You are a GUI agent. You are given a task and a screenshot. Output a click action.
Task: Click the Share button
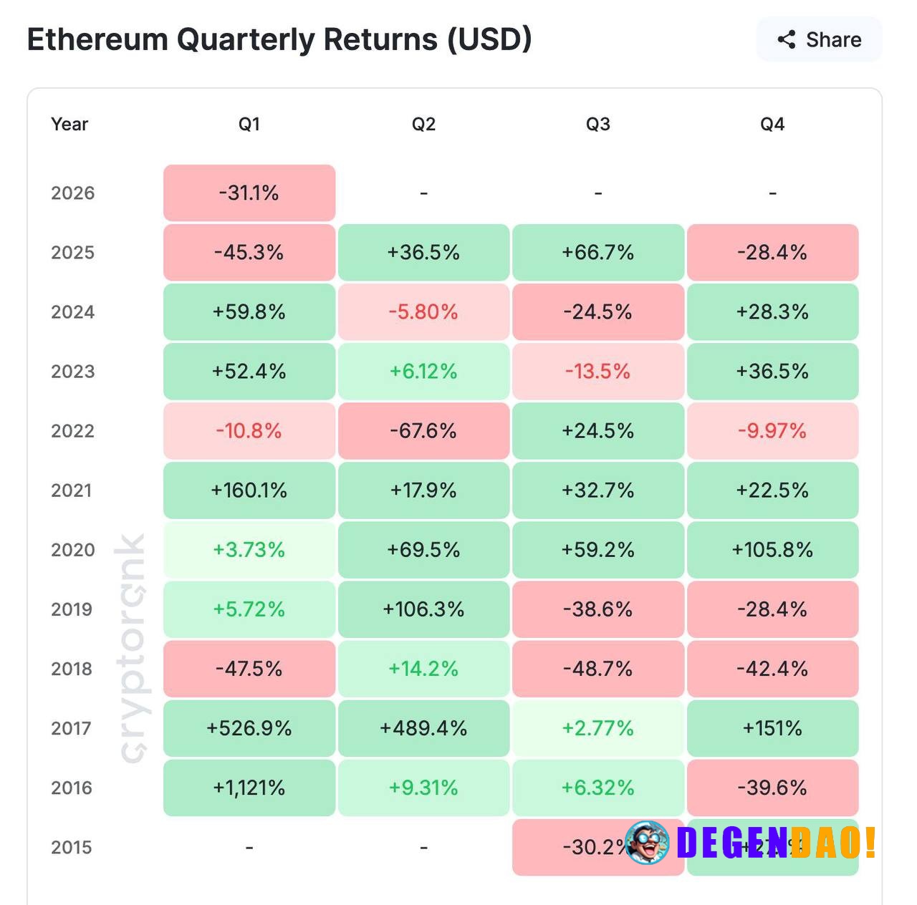819,39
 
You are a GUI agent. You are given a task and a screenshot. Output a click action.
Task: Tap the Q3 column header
598,124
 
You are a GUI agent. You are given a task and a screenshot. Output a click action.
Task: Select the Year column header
69,124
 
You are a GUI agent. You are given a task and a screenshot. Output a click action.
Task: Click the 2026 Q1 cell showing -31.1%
249,193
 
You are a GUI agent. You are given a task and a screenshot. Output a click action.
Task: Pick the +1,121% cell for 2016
249,788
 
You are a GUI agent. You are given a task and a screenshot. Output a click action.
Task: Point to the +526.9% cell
249,728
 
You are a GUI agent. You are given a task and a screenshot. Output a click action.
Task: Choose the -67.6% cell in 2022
423,430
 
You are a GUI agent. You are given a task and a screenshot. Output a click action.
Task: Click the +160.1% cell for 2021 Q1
249,490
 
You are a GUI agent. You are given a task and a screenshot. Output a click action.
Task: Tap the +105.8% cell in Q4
772,549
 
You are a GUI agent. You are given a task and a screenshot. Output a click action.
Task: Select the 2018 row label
72,669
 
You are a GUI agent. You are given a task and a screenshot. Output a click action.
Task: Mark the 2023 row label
72,371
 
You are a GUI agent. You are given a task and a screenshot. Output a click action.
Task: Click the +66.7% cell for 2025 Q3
598,252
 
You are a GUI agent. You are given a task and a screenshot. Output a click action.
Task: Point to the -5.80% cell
423,311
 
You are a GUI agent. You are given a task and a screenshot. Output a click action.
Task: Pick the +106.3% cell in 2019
423,609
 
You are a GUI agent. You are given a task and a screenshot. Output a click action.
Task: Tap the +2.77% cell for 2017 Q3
598,728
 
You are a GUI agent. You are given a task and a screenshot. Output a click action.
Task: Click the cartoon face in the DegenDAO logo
648,842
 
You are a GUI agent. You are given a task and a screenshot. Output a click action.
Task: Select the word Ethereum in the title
97,39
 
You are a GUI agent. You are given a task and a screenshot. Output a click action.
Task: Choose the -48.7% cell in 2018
598,669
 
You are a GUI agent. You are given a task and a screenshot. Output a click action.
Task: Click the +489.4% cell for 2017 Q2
423,728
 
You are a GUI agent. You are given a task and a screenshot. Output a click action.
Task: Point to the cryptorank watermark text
132,648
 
